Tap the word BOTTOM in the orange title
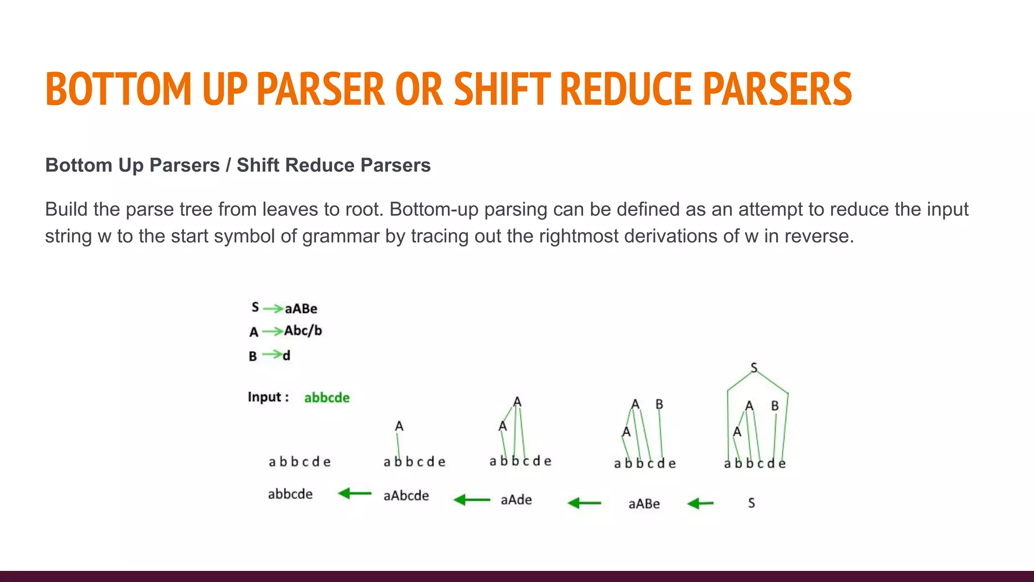click(119, 89)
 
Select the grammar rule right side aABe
click(301, 309)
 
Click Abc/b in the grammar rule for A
click(303, 331)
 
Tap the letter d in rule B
click(286, 356)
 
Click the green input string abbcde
click(327, 398)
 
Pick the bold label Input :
click(268, 397)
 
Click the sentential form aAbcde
click(406, 496)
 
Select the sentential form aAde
click(516, 500)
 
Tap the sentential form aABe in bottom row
click(644, 504)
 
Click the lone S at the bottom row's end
click(751, 503)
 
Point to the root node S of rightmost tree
click(754, 368)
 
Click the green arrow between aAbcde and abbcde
click(354, 493)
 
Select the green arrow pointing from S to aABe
click(700, 503)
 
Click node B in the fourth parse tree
click(659, 404)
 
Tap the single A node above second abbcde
click(399, 426)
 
